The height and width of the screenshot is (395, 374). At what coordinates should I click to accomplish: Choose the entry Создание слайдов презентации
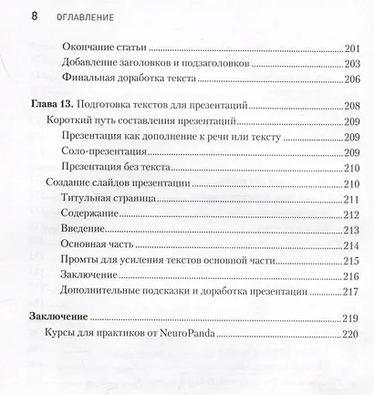pyautogui.click(x=114, y=185)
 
